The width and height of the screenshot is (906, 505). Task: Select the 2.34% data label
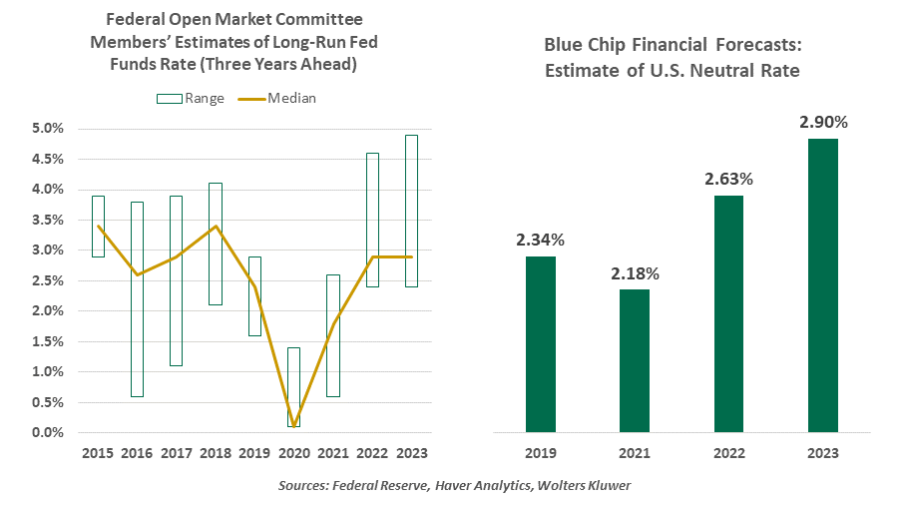pyautogui.click(x=542, y=240)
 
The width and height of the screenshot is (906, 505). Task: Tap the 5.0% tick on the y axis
pyautogui.click(x=47, y=129)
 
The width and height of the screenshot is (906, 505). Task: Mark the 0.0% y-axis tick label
pyautogui.click(x=47, y=432)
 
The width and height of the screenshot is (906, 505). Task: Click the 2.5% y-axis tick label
pyautogui.click(x=47, y=280)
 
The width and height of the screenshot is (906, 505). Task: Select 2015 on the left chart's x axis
pyautogui.click(x=98, y=453)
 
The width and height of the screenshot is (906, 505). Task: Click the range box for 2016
pyautogui.click(x=137, y=299)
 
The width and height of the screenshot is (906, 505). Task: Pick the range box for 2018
pyautogui.click(x=216, y=245)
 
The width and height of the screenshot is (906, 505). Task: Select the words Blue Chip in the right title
pyautogui.click(x=583, y=45)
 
